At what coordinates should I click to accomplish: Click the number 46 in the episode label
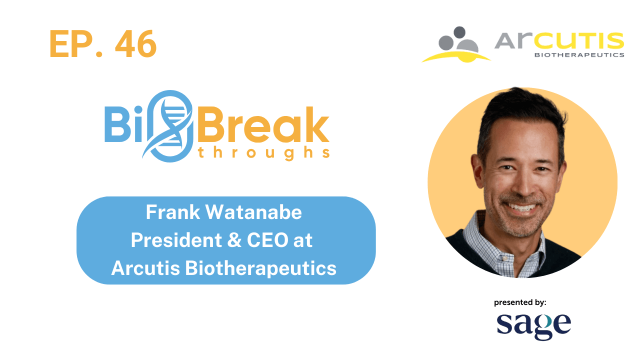point(135,44)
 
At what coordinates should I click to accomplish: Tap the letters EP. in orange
point(77,44)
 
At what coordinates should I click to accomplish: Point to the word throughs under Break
point(264,152)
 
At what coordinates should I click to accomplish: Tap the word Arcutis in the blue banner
point(145,268)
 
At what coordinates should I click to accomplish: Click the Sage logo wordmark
point(533,326)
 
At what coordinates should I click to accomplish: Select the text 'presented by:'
point(520,302)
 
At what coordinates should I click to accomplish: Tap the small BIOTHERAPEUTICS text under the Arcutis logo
point(579,54)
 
